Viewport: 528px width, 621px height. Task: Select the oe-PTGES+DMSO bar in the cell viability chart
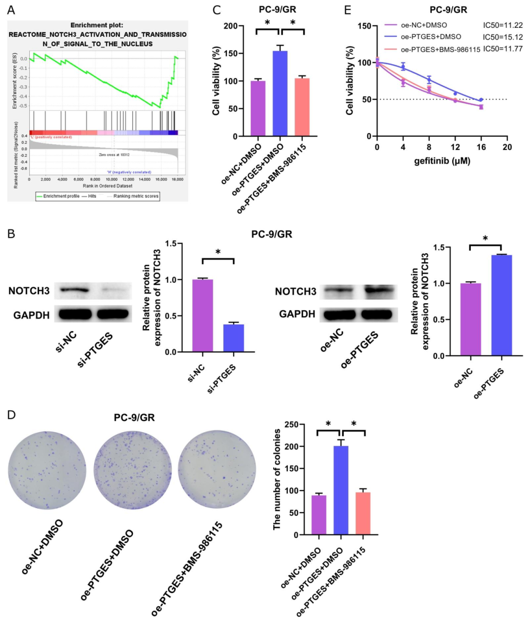click(280, 93)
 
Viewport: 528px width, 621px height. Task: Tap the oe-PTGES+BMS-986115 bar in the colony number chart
click(363, 513)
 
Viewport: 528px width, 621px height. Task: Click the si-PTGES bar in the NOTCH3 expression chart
click(234, 338)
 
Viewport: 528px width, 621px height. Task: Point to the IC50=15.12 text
click(503, 37)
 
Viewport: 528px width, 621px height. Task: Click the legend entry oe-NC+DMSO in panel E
click(423, 25)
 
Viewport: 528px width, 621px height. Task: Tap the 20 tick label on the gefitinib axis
click(507, 147)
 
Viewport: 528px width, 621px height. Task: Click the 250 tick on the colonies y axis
click(292, 424)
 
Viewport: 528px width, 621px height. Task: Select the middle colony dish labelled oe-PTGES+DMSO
click(132, 470)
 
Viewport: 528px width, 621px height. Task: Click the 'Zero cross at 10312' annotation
click(114, 155)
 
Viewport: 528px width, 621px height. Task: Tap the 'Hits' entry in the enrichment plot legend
click(92, 196)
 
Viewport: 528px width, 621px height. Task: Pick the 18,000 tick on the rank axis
click(178, 179)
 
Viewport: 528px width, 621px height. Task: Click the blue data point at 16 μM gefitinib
click(481, 100)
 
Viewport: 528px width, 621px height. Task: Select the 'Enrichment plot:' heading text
click(97, 25)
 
